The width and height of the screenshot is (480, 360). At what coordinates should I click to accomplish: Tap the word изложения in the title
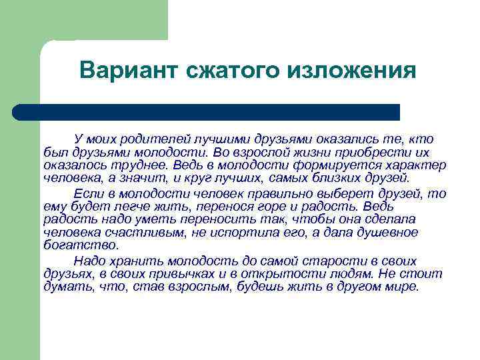pos(353,71)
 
